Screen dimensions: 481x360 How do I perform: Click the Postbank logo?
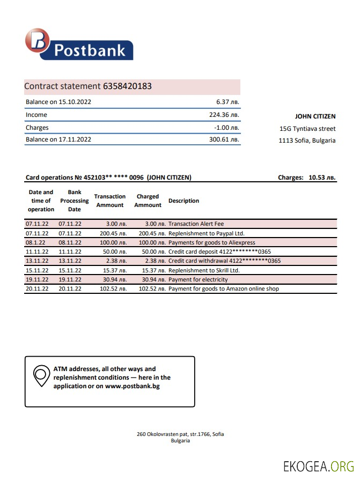coord(78,45)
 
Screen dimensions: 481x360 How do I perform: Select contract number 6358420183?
coord(127,86)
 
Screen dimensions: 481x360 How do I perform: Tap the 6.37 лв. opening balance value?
coord(227,102)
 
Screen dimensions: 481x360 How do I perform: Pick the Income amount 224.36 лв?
coord(224,115)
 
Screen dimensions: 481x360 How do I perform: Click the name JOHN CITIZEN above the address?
coord(315,116)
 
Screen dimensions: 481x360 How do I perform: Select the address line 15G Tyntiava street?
coord(307,129)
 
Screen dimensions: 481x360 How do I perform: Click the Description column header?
coord(183,201)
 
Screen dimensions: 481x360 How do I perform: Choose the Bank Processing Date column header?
coord(74,201)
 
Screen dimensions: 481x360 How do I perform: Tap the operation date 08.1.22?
coord(35,243)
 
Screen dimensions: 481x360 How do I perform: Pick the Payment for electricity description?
coord(198,279)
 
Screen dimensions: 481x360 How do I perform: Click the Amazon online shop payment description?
coord(223,289)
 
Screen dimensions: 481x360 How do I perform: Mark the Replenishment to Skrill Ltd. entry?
coord(204,270)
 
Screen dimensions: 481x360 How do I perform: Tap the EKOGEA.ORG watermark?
coord(319,466)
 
